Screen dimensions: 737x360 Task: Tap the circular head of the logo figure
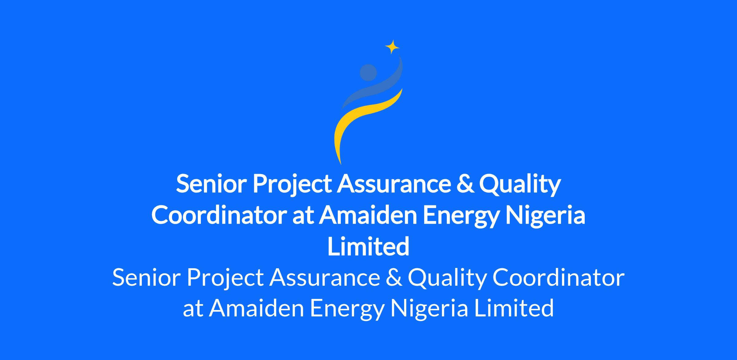(x=368, y=72)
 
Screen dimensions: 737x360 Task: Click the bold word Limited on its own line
(x=368, y=246)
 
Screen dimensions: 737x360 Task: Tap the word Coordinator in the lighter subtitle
(x=559, y=277)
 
